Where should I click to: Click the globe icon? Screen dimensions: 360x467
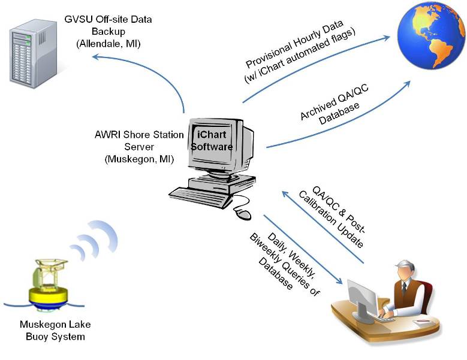[431, 35]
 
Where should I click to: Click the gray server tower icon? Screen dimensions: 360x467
[31, 53]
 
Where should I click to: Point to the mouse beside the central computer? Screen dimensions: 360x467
[242, 213]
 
